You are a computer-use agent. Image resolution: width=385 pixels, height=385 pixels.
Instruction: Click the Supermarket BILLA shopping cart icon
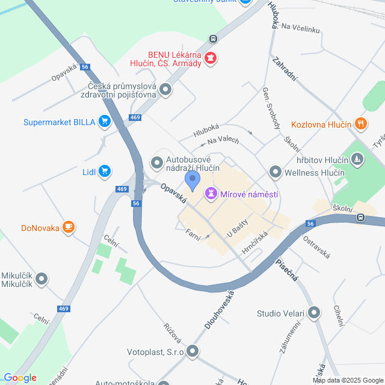pos(105,122)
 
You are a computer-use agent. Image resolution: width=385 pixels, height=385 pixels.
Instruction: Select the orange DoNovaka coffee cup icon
pos(69,227)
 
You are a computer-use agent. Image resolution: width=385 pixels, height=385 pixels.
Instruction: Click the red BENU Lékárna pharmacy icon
pos(211,58)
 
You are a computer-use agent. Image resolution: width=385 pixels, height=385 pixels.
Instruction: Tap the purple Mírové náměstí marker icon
pos(211,194)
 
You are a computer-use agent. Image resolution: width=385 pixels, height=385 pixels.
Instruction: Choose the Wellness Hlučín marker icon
pos(276,173)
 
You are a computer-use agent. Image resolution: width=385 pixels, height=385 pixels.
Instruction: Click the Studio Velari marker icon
pos(313,313)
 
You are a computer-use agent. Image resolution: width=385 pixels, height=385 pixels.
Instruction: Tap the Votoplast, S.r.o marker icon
pos(192,351)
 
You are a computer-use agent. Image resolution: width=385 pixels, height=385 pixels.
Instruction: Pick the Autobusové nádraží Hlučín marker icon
pos(157,162)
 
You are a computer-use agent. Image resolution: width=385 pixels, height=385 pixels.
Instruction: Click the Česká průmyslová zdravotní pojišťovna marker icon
pos(165,91)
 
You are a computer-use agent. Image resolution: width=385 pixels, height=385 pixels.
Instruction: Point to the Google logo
pos(20,378)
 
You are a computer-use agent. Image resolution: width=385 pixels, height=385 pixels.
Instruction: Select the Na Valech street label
pos(223,141)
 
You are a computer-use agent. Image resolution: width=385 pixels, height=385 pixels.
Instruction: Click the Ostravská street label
pos(316,247)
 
